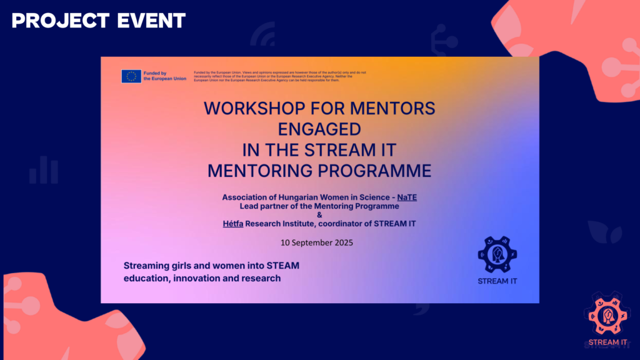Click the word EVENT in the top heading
[152, 21]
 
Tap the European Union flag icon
[131, 76]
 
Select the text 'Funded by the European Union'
[164, 76]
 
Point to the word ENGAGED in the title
[319, 129]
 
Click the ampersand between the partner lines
[319, 215]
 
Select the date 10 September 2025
[319, 242]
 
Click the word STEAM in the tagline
[284, 266]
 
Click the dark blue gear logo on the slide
[497, 254]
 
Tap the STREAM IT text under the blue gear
[497, 281]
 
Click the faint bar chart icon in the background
[44, 169]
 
